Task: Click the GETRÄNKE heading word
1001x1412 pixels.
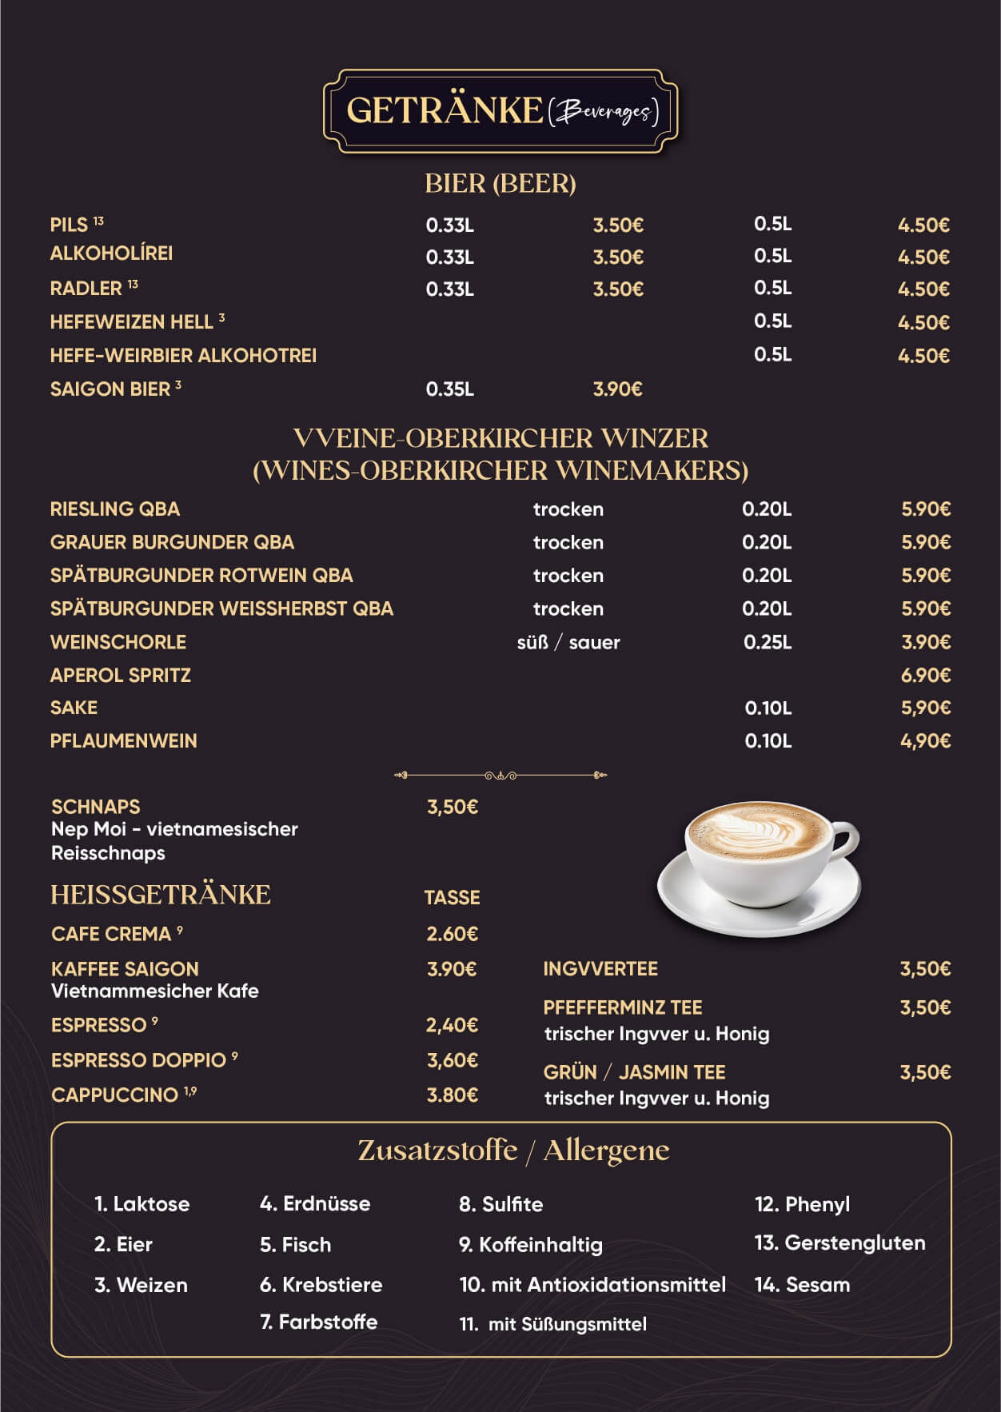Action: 445,110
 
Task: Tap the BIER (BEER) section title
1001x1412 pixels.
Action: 500,184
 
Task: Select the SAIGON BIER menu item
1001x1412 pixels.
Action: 110,389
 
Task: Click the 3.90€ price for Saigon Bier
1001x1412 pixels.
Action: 617,389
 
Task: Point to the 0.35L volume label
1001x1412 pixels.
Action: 449,389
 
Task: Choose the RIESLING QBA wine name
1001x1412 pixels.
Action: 115,509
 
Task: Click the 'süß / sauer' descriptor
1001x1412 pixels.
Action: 568,643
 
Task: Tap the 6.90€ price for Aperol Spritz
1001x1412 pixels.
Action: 926,676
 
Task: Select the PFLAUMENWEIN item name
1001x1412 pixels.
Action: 124,741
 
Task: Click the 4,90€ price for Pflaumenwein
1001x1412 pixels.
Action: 926,741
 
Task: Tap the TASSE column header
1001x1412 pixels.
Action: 452,898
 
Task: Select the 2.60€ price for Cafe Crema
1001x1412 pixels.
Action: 452,934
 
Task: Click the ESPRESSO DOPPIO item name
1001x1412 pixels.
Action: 139,1060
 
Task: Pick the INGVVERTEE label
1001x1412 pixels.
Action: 600,969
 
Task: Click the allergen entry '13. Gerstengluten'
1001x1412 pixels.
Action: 840,1243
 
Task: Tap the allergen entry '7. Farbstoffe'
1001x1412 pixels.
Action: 319,1322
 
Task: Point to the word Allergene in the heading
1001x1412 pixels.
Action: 606,1151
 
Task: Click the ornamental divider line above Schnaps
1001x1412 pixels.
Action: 500,775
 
